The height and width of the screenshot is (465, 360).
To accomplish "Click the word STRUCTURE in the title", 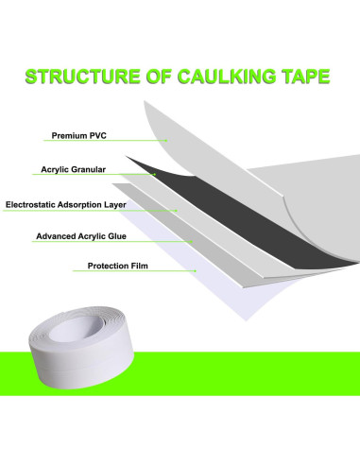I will click(x=79, y=75).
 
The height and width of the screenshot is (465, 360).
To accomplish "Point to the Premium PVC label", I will click(x=75, y=135).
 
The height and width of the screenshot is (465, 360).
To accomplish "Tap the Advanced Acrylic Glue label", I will click(x=79, y=236).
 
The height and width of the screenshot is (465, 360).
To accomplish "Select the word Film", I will click(x=140, y=267).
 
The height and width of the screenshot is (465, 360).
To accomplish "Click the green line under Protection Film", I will click(x=132, y=274).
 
